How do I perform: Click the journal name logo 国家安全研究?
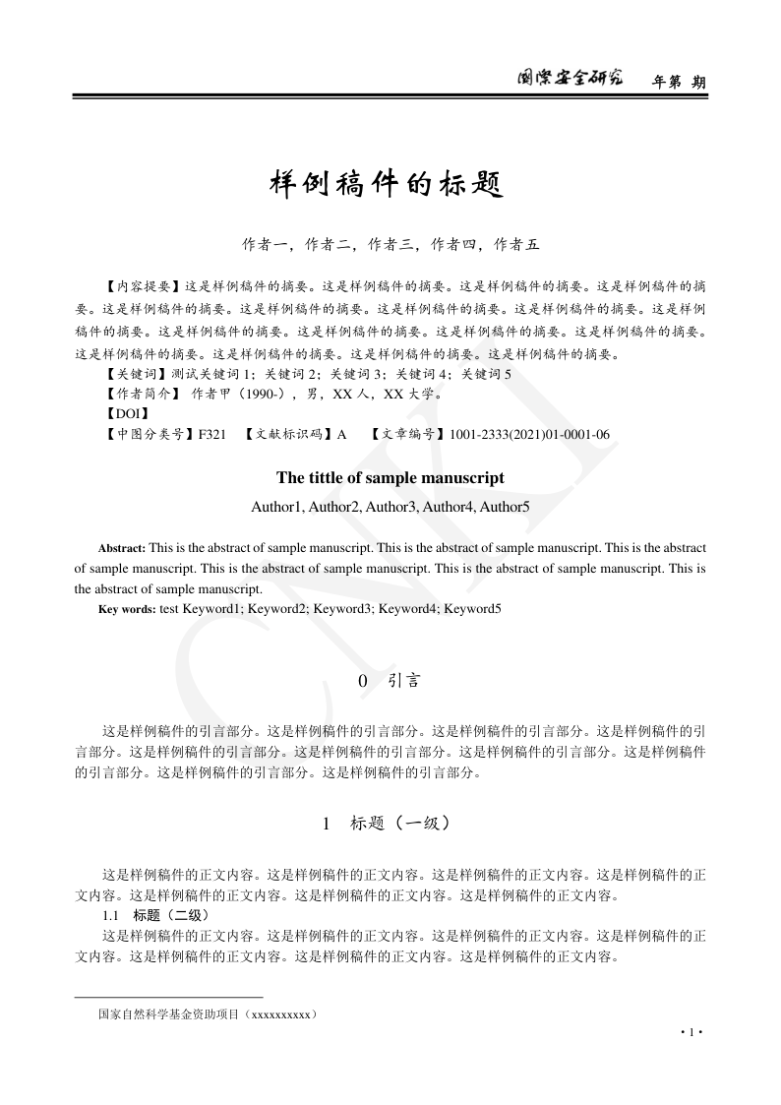pos(571,80)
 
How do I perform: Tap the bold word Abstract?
pos(121,547)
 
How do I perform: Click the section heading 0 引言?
pos(390,681)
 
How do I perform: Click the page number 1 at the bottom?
pos(692,1031)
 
